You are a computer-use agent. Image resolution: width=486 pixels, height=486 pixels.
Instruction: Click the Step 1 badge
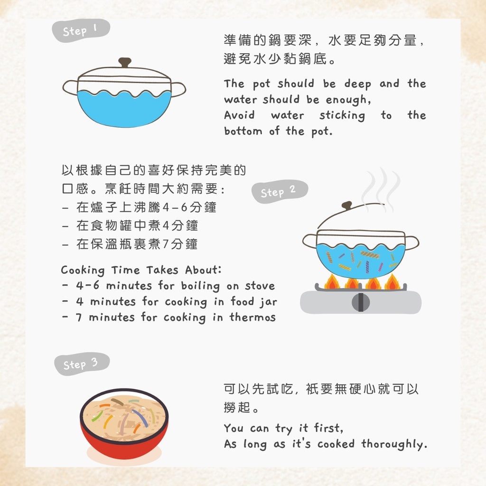(x=81, y=30)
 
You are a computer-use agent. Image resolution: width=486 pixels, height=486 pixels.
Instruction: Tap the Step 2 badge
(x=279, y=192)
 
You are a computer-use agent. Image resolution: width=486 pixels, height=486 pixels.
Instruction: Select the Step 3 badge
(x=82, y=364)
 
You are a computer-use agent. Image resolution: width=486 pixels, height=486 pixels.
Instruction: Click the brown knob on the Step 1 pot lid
(x=125, y=62)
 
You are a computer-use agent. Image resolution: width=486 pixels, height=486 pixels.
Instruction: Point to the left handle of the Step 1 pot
(x=70, y=88)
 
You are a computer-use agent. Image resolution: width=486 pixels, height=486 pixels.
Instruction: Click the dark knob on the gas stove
(x=361, y=302)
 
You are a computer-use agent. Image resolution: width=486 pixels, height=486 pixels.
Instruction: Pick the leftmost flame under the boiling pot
(x=332, y=281)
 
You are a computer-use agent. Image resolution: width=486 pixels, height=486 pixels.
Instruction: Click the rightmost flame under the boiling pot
(x=393, y=281)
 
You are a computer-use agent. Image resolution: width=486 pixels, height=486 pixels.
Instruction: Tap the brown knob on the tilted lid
(x=347, y=205)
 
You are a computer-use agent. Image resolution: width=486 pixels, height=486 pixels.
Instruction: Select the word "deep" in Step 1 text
(x=357, y=84)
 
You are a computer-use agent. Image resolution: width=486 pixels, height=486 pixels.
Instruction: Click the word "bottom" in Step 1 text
(x=243, y=131)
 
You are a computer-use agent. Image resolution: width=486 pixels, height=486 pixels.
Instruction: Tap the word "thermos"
(x=252, y=317)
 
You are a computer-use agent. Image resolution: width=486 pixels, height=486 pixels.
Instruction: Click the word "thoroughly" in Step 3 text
(x=394, y=444)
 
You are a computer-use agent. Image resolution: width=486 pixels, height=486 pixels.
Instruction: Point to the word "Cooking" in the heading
(x=83, y=270)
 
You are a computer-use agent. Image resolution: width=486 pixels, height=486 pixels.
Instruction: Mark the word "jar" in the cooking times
(x=269, y=301)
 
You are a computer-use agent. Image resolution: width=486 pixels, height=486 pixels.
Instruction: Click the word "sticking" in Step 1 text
(x=342, y=115)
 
